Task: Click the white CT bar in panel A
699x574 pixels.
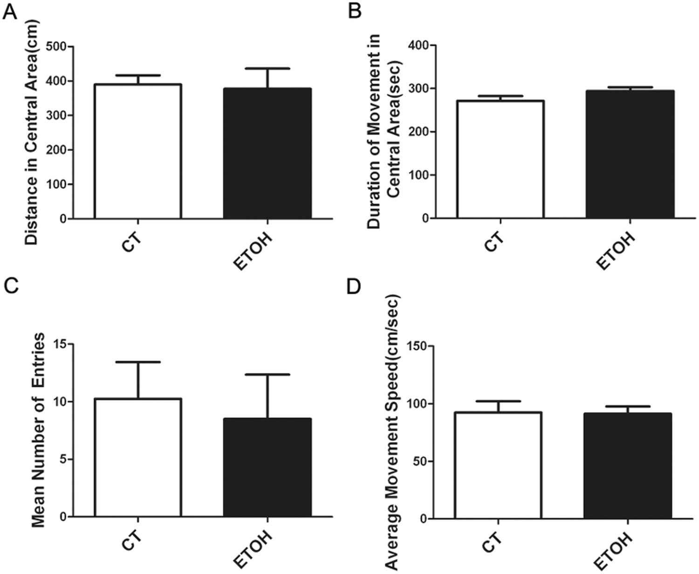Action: coord(138,152)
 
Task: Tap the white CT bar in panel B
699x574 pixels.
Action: coord(500,159)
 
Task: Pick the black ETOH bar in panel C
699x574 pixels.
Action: coord(267,467)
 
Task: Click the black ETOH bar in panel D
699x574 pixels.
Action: coord(628,466)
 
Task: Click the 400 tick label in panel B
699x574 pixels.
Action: coord(418,45)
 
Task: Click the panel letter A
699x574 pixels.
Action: coord(10,10)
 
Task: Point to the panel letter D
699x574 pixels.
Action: coord(355,285)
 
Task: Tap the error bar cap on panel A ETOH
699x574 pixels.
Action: coord(267,69)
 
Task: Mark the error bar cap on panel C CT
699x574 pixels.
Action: coord(138,362)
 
